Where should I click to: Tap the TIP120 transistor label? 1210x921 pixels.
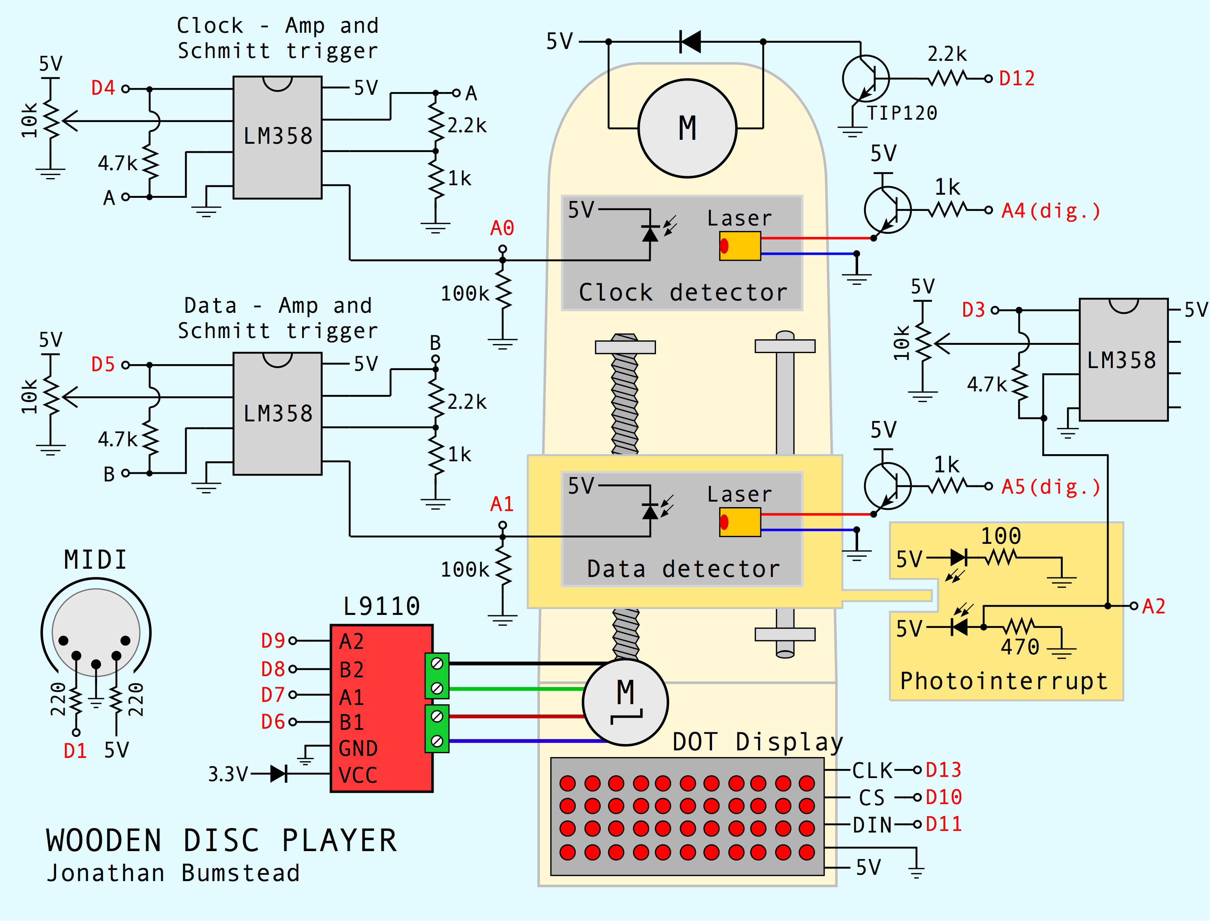coord(902,113)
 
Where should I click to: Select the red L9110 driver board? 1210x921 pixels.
coord(381,708)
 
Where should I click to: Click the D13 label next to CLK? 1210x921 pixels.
coord(943,770)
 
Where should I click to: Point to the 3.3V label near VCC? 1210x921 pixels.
coord(227,774)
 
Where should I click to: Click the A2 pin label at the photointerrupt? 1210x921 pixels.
coord(1153,606)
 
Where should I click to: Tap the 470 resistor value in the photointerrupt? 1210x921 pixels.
coord(1019,647)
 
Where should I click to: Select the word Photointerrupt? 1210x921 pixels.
coord(1003,681)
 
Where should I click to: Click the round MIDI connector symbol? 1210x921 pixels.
coord(96,633)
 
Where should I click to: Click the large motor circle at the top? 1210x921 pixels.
coord(687,128)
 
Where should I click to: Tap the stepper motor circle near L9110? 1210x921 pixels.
coord(625,702)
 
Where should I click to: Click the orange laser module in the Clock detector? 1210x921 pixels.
coord(740,246)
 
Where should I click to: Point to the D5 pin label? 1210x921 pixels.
coord(103,364)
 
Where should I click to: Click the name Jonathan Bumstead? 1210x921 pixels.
coord(173,873)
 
